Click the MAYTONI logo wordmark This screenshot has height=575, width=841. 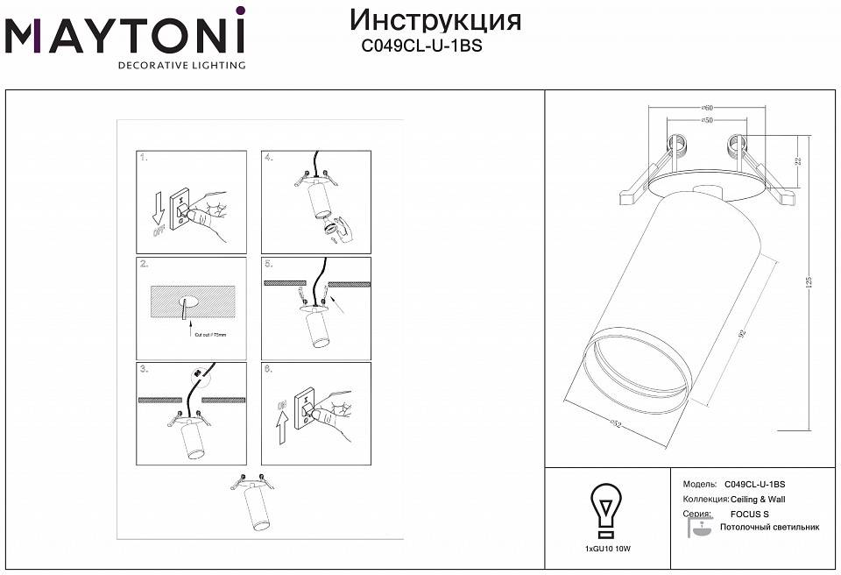click(124, 36)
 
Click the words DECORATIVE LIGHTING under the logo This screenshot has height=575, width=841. click(182, 65)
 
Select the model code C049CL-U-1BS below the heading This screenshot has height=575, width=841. click(421, 48)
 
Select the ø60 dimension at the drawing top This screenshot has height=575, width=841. click(706, 107)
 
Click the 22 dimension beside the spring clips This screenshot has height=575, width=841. click(798, 161)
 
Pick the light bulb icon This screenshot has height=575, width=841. click(605, 510)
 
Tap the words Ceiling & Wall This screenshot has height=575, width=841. click(758, 499)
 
